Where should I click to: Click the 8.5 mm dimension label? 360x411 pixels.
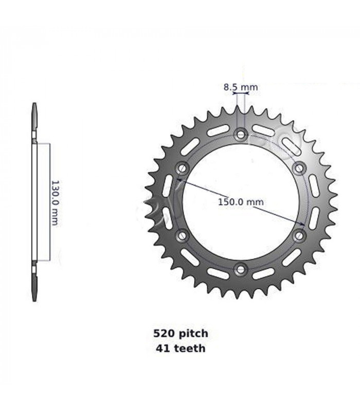240,87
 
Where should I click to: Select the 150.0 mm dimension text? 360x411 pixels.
240,202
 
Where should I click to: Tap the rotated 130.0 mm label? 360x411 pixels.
54,202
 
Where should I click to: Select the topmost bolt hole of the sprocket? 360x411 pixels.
241,136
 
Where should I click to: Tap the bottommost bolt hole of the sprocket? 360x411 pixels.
241,269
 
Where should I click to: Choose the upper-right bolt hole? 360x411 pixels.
299,169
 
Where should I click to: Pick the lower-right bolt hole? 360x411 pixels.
299,236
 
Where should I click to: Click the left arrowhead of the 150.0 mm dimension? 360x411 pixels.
179,180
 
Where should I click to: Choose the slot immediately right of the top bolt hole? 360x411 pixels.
264,130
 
